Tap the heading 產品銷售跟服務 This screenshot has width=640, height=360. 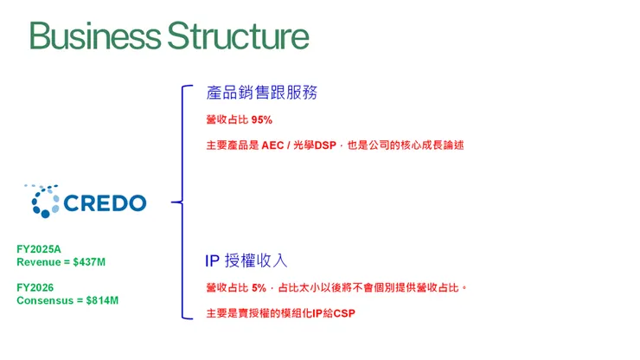tap(256, 93)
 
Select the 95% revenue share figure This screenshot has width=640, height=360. tap(262, 119)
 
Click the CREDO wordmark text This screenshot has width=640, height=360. tap(106, 203)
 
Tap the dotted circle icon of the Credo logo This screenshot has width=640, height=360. tap(43, 201)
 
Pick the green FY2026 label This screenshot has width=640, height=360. tap(35, 287)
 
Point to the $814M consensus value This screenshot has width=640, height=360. tap(102, 300)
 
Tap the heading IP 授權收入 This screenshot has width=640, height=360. tap(246, 260)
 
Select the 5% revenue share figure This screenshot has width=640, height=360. tap(259, 287)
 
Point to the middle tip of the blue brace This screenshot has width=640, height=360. tap(174, 203)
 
